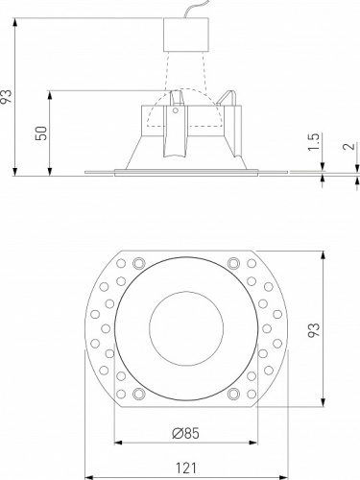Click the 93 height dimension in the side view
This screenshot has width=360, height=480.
pyautogui.click(x=9, y=96)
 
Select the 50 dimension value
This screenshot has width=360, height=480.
pyautogui.click(x=40, y=132)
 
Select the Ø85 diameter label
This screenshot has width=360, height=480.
pyautogui.click(x=187, y=433)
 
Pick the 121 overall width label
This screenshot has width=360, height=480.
pyautogui.click(x=187, y=467)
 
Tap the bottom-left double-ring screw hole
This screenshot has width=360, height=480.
pyautogui.click(x=140, y=395)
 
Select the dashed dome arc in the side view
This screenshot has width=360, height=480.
pyautogui.click(x=187, y=94)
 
